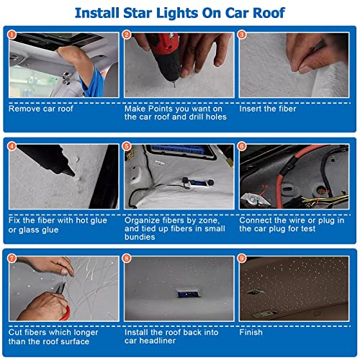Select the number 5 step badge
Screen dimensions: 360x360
(x=127, y=146)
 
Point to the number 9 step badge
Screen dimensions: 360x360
(x=242, y=257)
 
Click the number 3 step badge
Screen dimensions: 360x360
(x=242, y=34)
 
